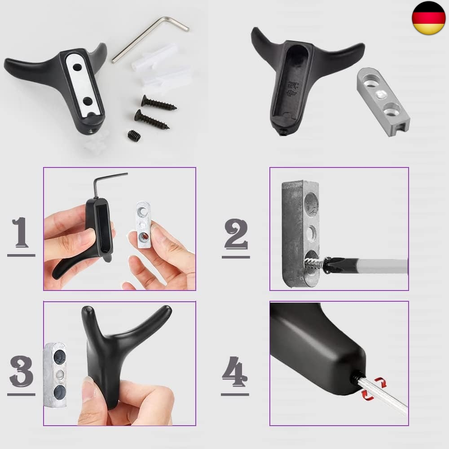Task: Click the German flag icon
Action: pyautogui.click(x=429, y=18)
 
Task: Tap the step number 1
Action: pyautogui.click(x=21, y=232)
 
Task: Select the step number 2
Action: pyautogui.click(x=236, y=233)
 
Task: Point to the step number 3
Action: pyautogui.click(x=22, y=371)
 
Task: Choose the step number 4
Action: pyautogui.click(x=234, y=371)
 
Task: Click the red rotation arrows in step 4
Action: pyautogui.click(x=374, y=388)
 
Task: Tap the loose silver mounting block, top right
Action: pyautogui.click(x=383, y=101)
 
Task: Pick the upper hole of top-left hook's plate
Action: pyautogui.click(x=77, y=68)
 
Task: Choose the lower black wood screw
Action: pyautogui.click(x=152, y=119)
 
